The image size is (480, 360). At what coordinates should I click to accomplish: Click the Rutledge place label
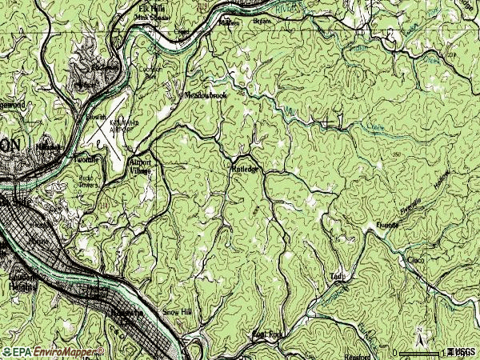[x=245, y=169]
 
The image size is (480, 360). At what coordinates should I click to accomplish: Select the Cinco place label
[x=415, y=260]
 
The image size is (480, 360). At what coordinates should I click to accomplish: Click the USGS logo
[x=462, y=351]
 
